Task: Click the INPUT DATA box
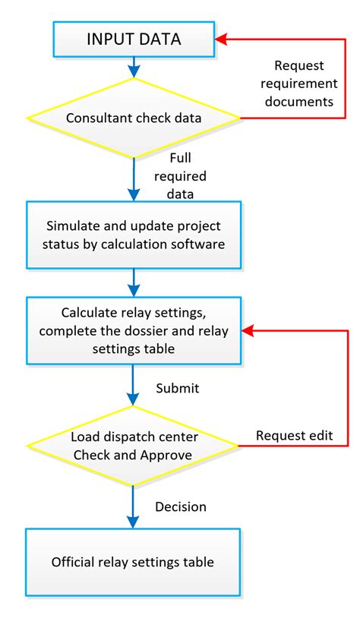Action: (134, 39)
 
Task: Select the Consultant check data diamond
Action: (134, 118)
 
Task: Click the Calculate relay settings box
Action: (134, 331)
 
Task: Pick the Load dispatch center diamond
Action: (134, 446)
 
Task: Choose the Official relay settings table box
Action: (134, 563)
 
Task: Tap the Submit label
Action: (177, 388)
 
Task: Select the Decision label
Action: (180, 506)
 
